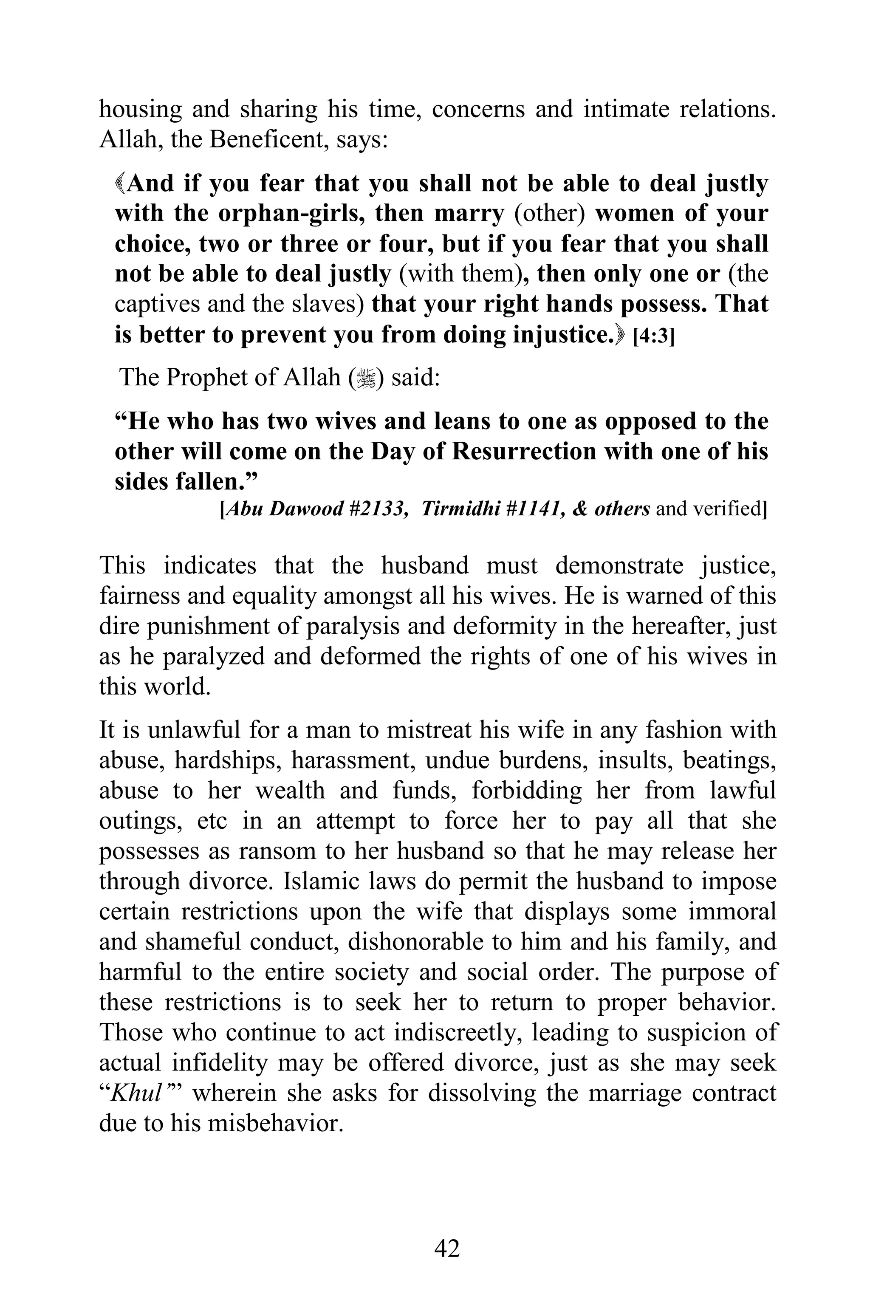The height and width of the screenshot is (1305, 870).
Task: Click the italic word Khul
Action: [136, 1093]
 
